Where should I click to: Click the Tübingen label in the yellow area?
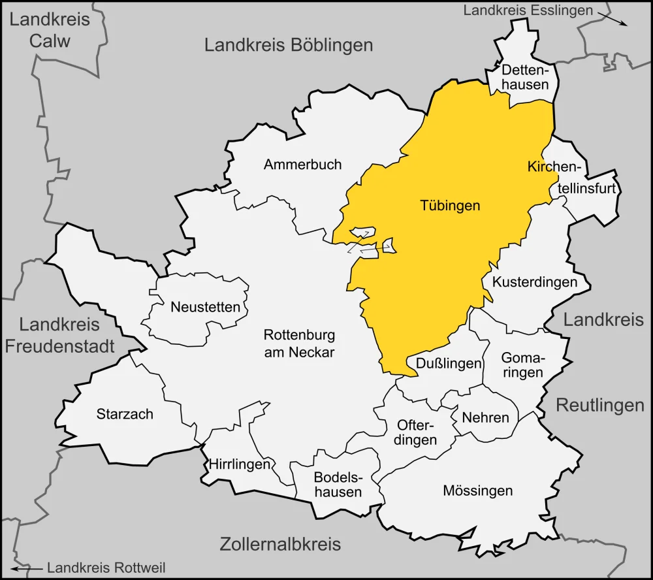pyautogui.click(x=449, y=206)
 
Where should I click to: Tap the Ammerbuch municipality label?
pyautogui.click(x=302, y=165)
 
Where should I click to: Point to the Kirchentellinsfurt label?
pyautogui.click(x=572, y=178)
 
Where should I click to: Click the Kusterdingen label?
pyautogui.click(x=535, y=283)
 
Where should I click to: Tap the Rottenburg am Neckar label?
pyautogui.click(x=299, y=344)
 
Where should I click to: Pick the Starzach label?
pyautogui.click(x=125, y=414)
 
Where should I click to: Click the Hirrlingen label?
pyautogui.click(x=240, y=465)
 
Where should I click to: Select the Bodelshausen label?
pyautogui.click(x=338, y=484)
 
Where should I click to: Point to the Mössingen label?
pyautogui.click(x=477, y=491)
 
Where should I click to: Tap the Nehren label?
pyautogui.click(x=485, y=417)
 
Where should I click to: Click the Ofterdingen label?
pyautogui.click(x=417, y=432)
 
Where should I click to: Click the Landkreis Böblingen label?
pyautogui.click(x=289, y=45)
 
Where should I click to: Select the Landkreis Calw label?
pyautogui.click(x=50, y=30)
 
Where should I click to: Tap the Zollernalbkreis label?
pyautogui.click(x=280, y=544)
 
